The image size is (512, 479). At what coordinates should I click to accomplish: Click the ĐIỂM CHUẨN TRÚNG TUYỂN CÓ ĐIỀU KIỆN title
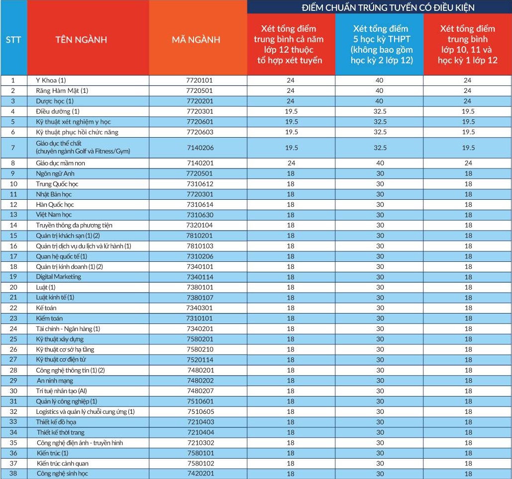point(380,7)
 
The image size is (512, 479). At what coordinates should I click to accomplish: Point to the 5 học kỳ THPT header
point(380,44)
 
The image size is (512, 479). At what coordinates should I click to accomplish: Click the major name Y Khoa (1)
point(51,80)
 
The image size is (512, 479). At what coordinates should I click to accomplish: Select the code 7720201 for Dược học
point(199,101)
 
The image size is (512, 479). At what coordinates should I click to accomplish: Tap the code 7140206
point(199,148)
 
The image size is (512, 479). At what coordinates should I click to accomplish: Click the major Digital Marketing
point(58,277)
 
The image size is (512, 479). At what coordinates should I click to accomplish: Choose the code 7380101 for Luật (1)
point(199,287)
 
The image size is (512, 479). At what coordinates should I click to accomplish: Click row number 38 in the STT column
point(13,474)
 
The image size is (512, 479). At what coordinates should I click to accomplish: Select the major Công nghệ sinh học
point(62,474)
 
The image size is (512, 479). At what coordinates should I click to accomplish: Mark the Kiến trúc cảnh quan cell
point(63,463)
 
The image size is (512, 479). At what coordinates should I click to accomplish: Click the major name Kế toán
point(46,308)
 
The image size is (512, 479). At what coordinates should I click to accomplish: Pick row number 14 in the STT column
point(13,225)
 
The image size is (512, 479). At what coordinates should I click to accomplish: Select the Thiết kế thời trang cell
point(61,432)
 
